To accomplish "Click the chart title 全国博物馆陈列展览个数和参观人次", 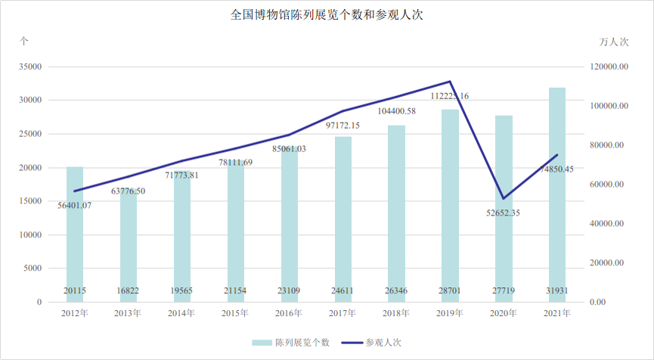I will pyautogui.click(x=327, y=14).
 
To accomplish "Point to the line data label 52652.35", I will pyautogui.click(x=504, y=213).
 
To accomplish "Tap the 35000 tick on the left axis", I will pyautogui.click(x=30, y=67).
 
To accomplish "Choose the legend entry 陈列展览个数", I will pyautogui.click(x=293, y=343).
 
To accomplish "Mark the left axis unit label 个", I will pyautogui.click(x=25, y=41).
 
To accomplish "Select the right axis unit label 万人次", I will pyautogui.click(x=614, y=41).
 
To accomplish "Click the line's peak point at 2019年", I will pyautogui.click(x=450, y=82).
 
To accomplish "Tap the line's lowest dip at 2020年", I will pyautogui.click(x=504, y=198).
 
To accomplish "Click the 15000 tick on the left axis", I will pyautogui.click(x=30, y=201).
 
